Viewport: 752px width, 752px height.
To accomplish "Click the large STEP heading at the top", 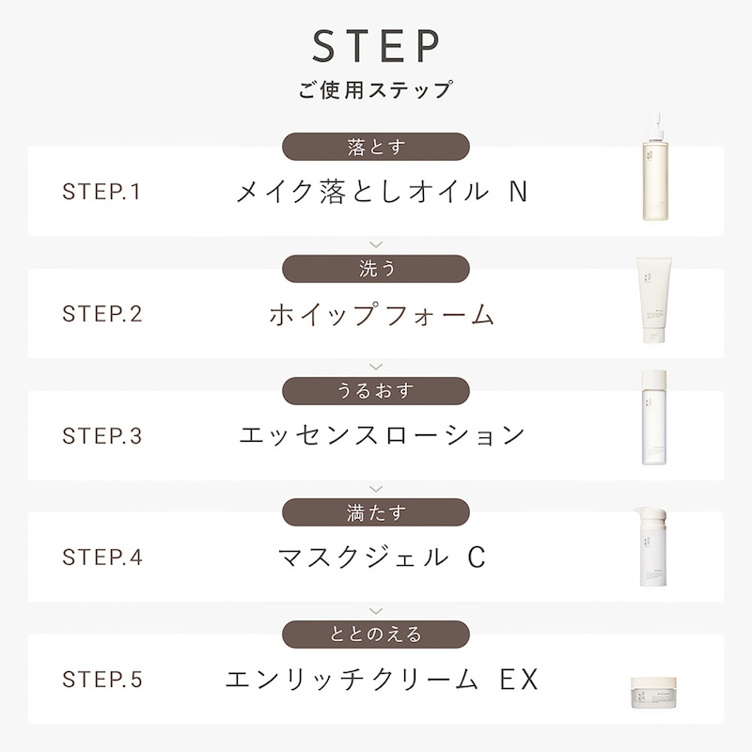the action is [x=376, y=45].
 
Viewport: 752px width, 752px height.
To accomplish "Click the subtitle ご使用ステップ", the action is [x=375, y=89].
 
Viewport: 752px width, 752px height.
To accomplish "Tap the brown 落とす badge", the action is [x=375, y=147].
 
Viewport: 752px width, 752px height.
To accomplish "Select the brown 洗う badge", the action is [x=375, y=269].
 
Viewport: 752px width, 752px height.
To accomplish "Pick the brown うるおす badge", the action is [x=375, y=391].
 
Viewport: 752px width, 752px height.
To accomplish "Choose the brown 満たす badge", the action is [x=375, y=512].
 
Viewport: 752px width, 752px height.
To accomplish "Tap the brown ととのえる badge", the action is [x=375, y=634].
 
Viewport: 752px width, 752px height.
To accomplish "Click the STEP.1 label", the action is [x=102, y=192].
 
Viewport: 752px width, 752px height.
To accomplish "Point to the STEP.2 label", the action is [x=102, y=314].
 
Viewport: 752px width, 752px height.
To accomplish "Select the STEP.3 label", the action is [x=102, y=435].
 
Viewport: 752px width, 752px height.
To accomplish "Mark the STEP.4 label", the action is [x=102, y=557].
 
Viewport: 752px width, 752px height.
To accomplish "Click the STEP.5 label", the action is [x=102, y=679].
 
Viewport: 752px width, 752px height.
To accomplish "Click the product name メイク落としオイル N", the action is [x=383, y=192].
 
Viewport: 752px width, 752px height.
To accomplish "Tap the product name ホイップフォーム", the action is [x=382, y=314].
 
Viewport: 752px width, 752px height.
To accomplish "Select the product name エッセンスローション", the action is [x=383, y=435].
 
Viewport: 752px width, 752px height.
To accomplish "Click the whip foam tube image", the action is [x=654, y=300].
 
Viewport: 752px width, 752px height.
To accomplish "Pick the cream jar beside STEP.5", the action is [x=653, y=693].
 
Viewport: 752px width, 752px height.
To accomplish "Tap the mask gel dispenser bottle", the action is [x=651, y=547].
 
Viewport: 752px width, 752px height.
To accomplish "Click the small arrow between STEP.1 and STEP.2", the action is [x=376, y=244].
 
